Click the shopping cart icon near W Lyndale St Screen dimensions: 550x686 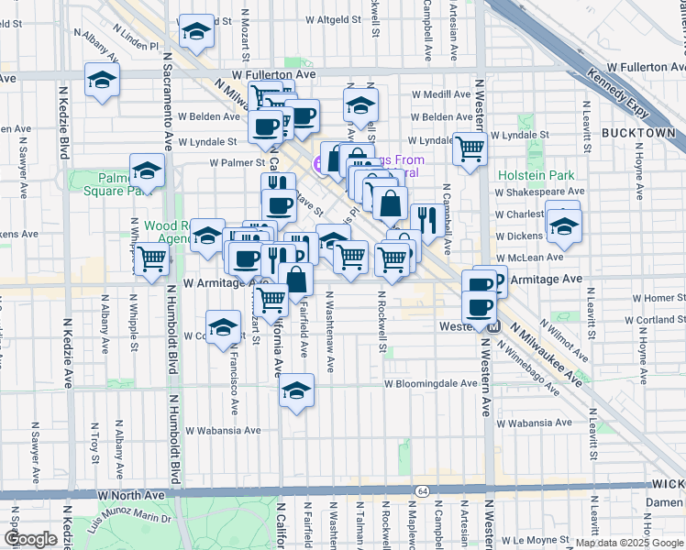(x=470, y=147)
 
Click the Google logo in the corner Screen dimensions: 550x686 (x=30, y=539)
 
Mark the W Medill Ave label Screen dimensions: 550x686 (x=441, y=93)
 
